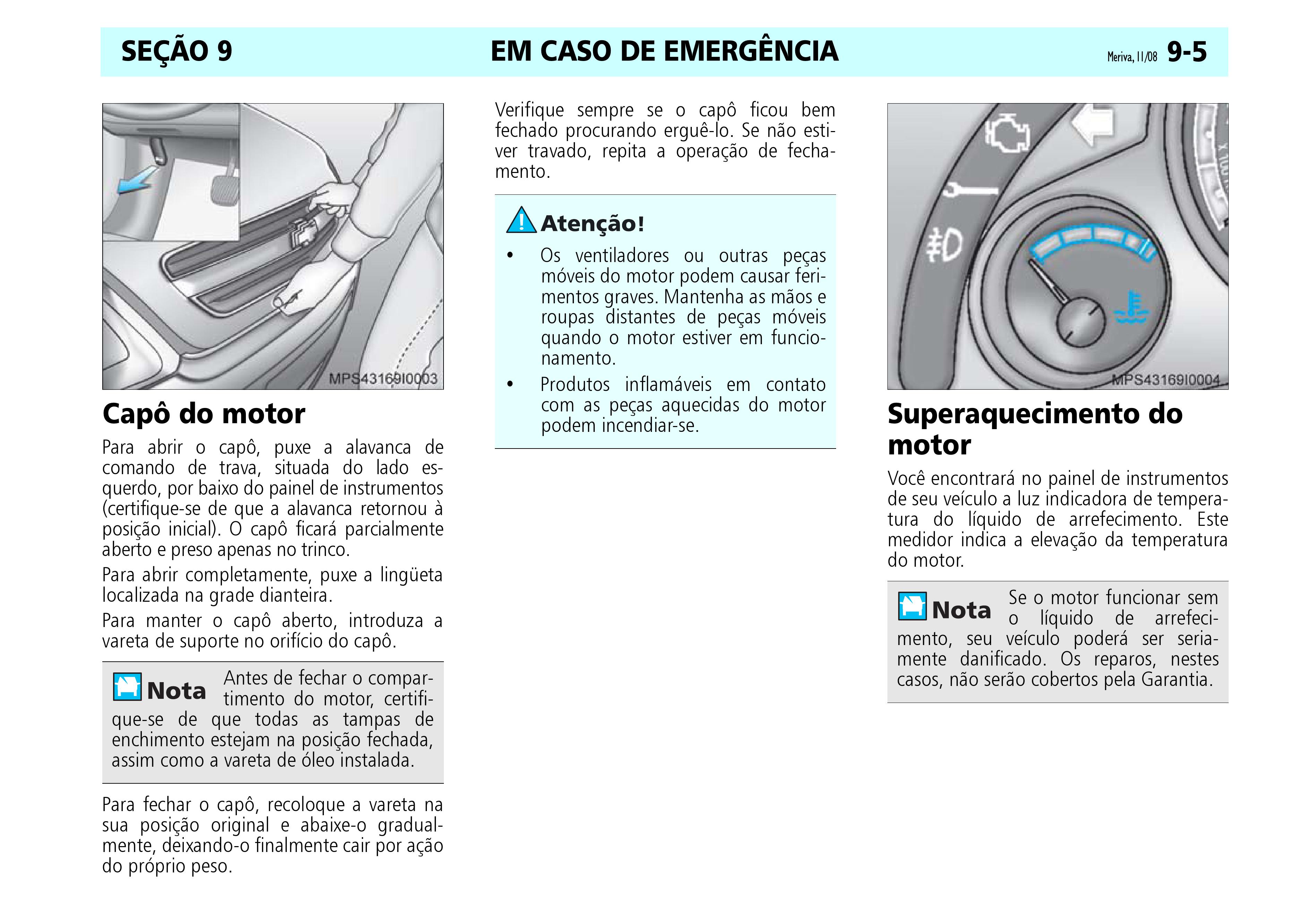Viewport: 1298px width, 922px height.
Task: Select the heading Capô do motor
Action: click(203, 414)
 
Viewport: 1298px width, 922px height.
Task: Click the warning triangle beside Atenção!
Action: click(521, 221)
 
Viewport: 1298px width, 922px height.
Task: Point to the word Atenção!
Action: click(593, 223)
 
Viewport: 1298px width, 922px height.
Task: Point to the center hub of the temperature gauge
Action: click(1081, 321)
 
